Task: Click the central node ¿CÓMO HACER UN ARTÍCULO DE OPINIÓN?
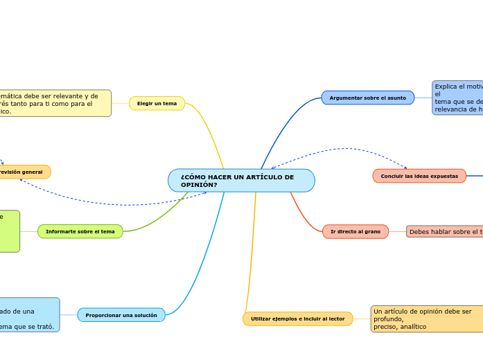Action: coord(241,181)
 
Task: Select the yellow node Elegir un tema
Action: coord(157,103)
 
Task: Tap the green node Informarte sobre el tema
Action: coord(80,231)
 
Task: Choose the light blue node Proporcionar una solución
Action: coord(121,315)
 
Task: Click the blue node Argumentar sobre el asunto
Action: coord(367,98)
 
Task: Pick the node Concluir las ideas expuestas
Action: coord(419,176)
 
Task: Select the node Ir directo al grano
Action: coord(355,231)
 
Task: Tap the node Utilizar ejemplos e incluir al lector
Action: coord(297,318)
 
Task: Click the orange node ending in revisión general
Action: coord(24,172)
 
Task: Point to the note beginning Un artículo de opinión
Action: coord(426,318)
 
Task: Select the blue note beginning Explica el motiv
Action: coord(457,98)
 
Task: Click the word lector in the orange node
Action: coord(335,318)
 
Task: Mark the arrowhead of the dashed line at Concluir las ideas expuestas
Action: coord(406,168)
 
